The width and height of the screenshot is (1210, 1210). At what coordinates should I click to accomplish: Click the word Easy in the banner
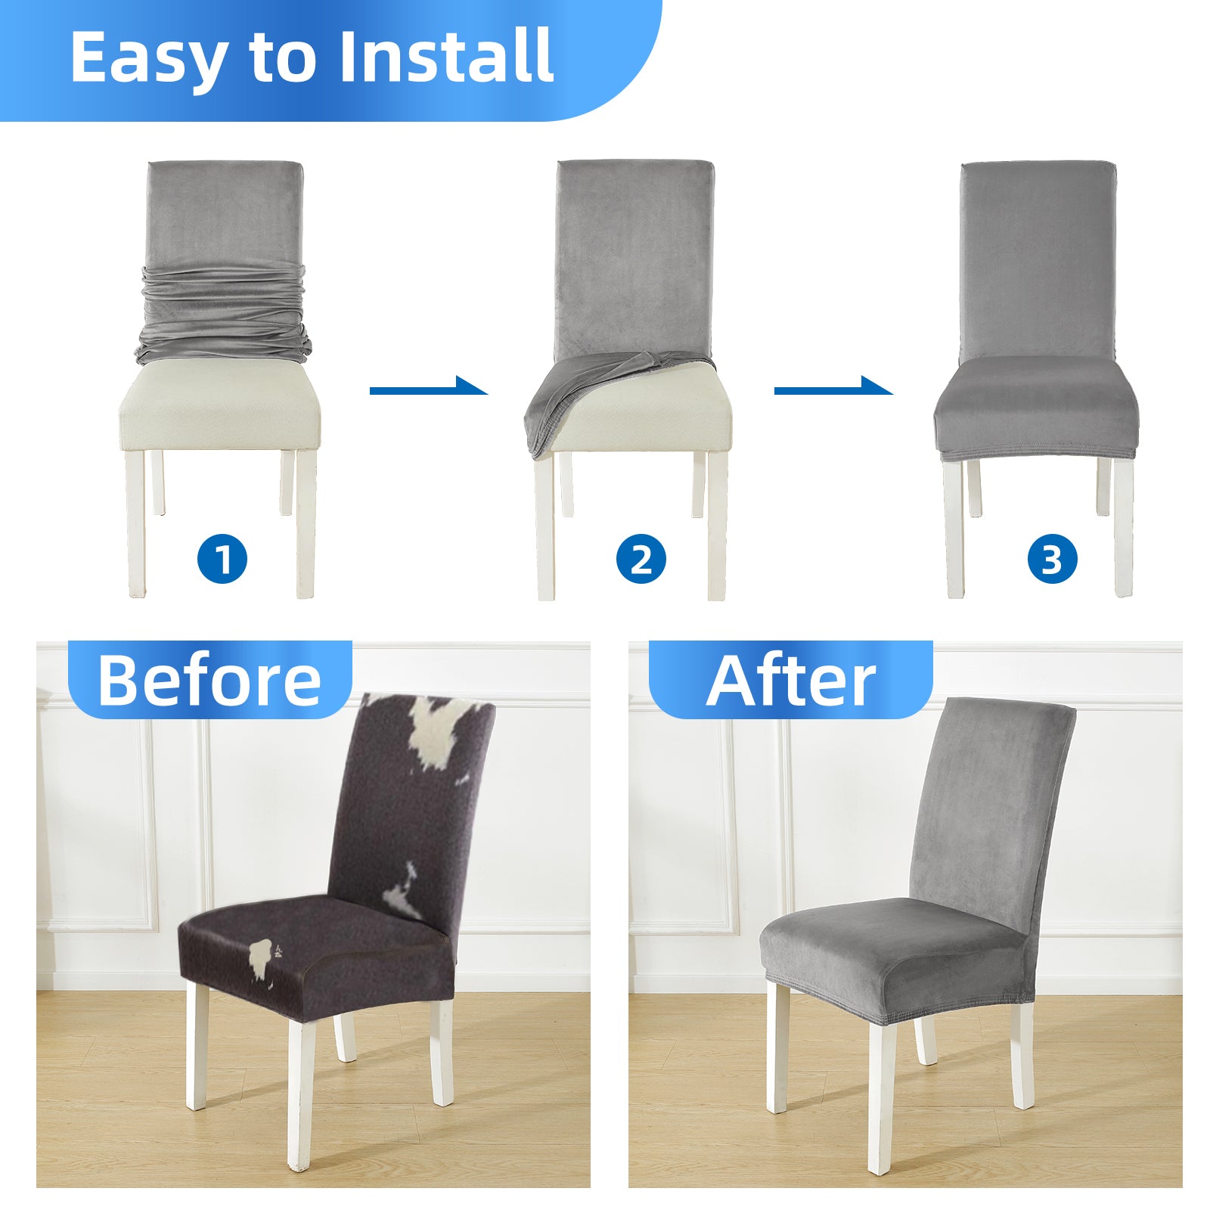pos(148,58)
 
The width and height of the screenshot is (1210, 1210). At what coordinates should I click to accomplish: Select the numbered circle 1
pos(222,560)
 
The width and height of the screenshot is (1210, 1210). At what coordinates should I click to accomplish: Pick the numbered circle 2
pos(641,560)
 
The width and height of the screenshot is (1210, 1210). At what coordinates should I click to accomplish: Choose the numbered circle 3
pos(1052,560)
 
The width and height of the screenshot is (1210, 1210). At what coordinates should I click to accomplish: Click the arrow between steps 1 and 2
pos(428,387)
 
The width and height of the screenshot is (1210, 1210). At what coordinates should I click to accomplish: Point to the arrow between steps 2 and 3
pos(833,387)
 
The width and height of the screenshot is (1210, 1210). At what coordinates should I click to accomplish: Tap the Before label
pos(209,680)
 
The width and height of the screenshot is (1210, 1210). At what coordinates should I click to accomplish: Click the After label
pos(791,680)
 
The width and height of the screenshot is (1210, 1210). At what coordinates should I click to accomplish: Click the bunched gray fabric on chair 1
pos(224,314)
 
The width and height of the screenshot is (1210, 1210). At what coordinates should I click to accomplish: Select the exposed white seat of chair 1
pos(219,405)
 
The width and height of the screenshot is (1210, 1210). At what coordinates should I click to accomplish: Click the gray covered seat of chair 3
pos(1036,408)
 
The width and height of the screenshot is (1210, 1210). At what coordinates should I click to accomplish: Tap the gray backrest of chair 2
pos(635,257)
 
